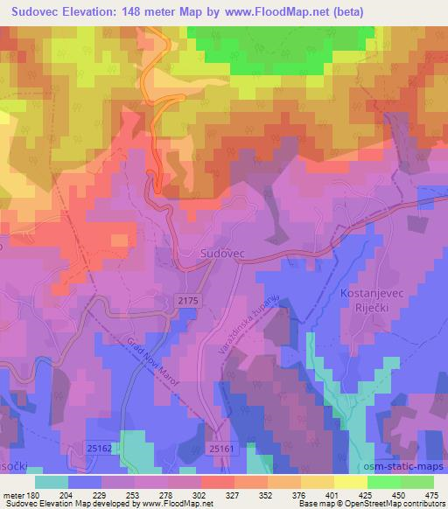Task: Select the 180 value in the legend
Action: pyautogui.click(x=33, y=494)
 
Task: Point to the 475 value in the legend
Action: pyautogui.click(x=430, y=494)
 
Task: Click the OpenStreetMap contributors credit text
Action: pyautogui.click(x=391, y=505)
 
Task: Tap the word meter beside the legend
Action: pyautogui.click(x=12, y=494)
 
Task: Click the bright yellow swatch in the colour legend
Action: pyautogui.click(x=351, y=481)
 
